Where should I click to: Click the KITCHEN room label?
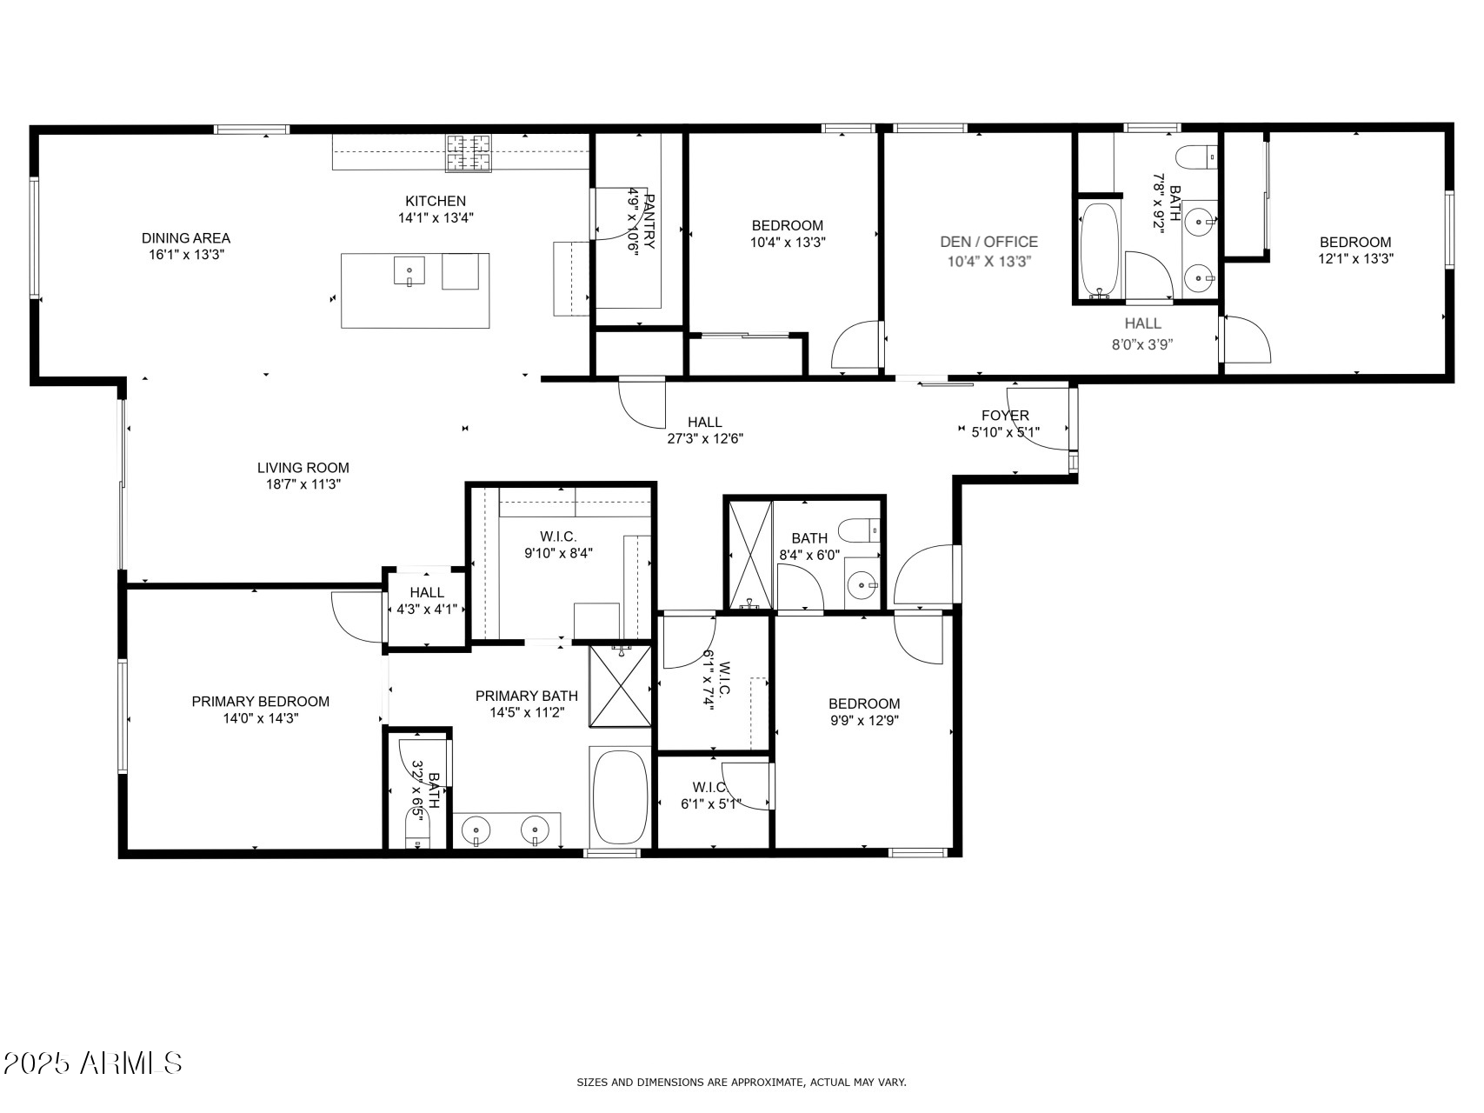pyautogui.click(x=435, y=201)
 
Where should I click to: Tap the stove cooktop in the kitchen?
pyautogui.click(x=469, y=153)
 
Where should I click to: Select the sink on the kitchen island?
pyautogui.click(x=409, y=271)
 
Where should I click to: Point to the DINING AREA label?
pyautogui.click(x=185, y=238)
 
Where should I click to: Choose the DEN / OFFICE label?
pyautogui.click(x=988, y=242)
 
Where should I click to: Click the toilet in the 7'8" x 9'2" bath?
pyautogui.click(x=1196, y=157)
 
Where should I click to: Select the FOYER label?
pyautogui.click(x=1005, y=416)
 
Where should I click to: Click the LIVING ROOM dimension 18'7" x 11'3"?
pyautogui.click(x=303, y=484)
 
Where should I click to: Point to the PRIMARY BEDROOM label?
pyautogui.click(x=260, y=702)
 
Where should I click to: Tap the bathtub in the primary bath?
pyautogui.click(x=619, y=795)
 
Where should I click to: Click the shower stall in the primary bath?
pyautogui.click(x=620, y=686)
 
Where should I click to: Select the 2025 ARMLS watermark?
pyautogui.click(x=92, y=1063)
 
